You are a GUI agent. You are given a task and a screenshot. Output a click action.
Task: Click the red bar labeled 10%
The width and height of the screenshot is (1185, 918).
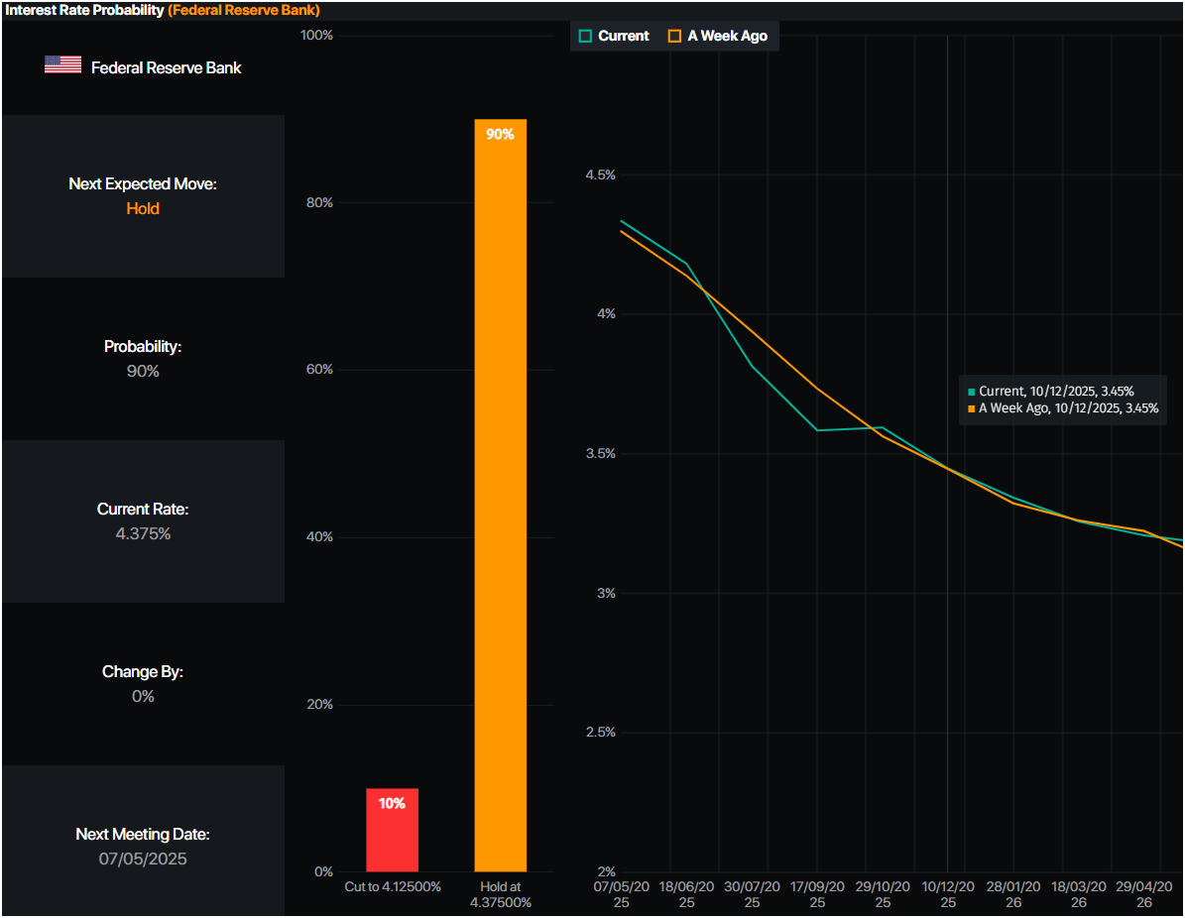click(x=392, y=831)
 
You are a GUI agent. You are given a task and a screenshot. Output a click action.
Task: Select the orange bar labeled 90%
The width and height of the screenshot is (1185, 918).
click(x=500, y=496)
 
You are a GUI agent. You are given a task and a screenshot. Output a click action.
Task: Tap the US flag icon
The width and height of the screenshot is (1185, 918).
click(x=62, y=65)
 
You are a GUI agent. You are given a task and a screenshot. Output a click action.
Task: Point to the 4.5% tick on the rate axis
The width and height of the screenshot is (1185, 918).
click(x=599, y=174)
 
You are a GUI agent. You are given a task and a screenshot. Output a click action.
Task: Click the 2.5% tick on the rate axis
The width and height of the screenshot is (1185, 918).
click(x=599, y=733)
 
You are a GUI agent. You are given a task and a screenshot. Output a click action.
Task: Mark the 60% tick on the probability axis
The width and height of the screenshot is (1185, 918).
click(x=316, y=370)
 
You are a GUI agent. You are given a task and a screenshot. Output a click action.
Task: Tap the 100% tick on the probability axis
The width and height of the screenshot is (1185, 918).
click(x=316, y=36)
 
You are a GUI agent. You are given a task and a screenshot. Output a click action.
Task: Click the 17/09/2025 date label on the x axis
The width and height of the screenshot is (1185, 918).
click(x=817, y=894)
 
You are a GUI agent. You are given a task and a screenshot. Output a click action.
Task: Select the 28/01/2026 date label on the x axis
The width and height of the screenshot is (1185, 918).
click(x=1012, y=894)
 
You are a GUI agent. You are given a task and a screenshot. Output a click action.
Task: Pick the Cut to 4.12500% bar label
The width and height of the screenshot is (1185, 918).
click(x=392, y=886)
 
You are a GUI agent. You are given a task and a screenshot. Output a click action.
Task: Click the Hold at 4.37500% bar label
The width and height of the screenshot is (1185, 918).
click(x=500, y=894)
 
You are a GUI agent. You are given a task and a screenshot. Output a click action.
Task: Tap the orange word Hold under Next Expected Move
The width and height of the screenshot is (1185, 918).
click(x=143, y=209)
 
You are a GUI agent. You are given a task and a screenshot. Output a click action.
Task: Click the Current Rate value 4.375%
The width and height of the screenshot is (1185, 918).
click(x=143, y=534)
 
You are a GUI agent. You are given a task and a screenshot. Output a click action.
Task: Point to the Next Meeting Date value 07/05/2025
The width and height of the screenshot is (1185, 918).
click(x=143, y=859)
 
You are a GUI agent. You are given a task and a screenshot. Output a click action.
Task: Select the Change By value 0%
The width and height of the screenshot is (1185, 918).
click(x=143, y=697)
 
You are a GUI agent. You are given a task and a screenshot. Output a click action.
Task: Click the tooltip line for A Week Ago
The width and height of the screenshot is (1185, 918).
click(x=1063, y=408)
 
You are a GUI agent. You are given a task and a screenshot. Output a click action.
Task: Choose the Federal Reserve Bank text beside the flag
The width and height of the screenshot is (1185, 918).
click(x=166, y=67)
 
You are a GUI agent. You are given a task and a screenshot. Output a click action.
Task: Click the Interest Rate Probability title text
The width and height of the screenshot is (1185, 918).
click(x=84, y=10)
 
